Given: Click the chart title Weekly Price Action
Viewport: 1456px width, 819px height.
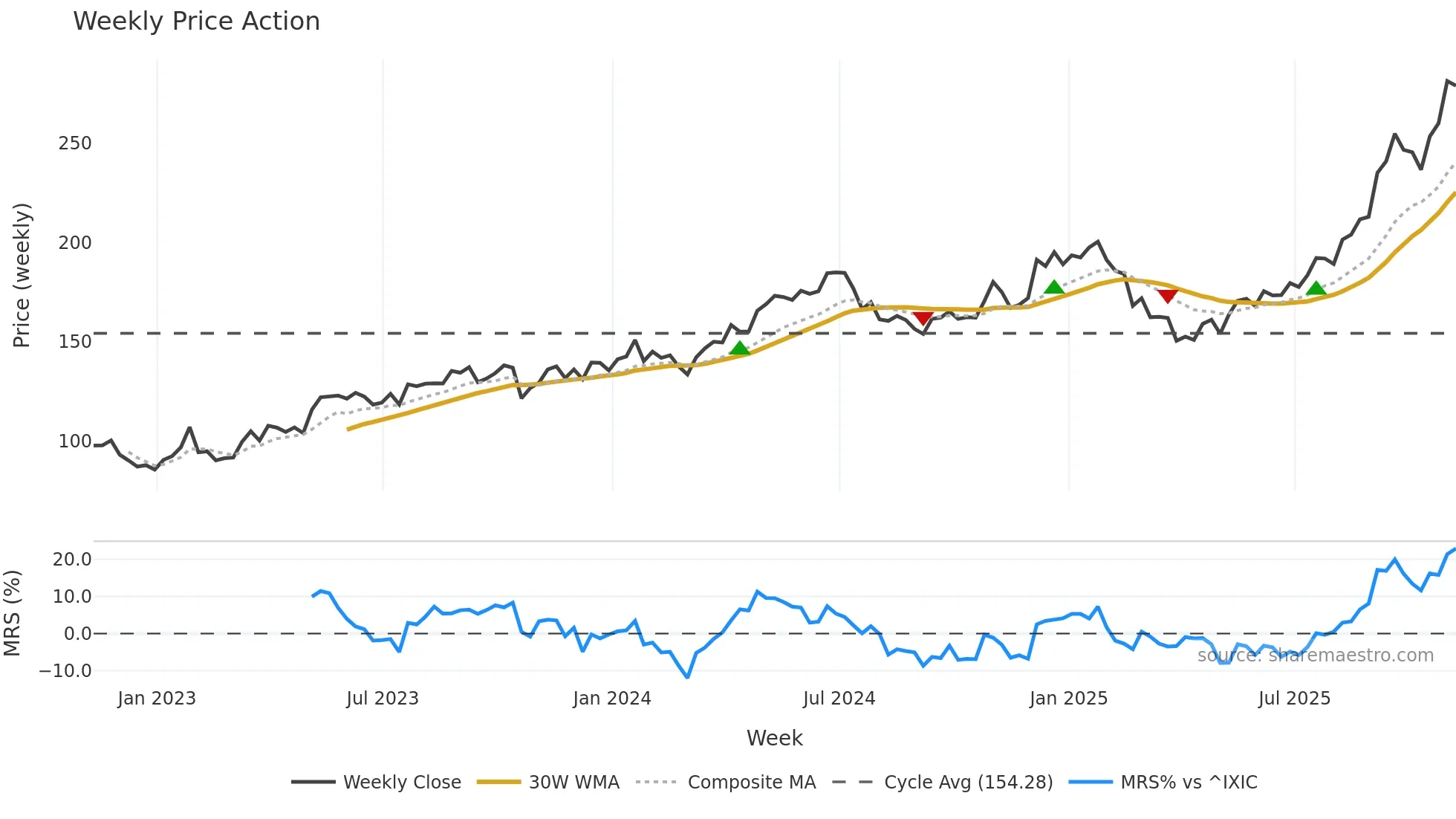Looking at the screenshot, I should (196, 22).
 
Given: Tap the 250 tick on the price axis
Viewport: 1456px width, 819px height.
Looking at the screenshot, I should (75, 143).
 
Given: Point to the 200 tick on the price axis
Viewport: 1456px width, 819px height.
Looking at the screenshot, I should (75, 243).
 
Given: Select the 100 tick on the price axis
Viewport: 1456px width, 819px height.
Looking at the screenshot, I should (75, 441).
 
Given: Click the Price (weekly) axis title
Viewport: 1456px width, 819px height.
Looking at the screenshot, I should (22, 275).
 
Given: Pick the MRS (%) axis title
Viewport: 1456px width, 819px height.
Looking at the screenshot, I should (13, 613).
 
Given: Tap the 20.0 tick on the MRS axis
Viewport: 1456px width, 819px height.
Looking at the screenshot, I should (72, 560).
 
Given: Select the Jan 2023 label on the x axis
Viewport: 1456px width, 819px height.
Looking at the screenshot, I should (157, 699).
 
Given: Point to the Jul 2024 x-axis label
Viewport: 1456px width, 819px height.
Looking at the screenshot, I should (839, 699).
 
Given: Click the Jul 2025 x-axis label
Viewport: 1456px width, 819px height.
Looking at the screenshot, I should (1294, 699).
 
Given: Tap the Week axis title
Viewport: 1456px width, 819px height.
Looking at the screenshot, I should (774, 738).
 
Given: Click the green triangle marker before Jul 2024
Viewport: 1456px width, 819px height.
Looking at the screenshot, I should (739, 348).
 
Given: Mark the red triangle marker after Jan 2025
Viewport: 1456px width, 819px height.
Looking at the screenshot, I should (1167, 296).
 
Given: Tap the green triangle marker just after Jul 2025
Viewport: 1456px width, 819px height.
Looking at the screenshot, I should (1316, 288).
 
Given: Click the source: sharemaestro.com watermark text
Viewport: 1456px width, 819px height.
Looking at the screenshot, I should (1315, 655).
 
